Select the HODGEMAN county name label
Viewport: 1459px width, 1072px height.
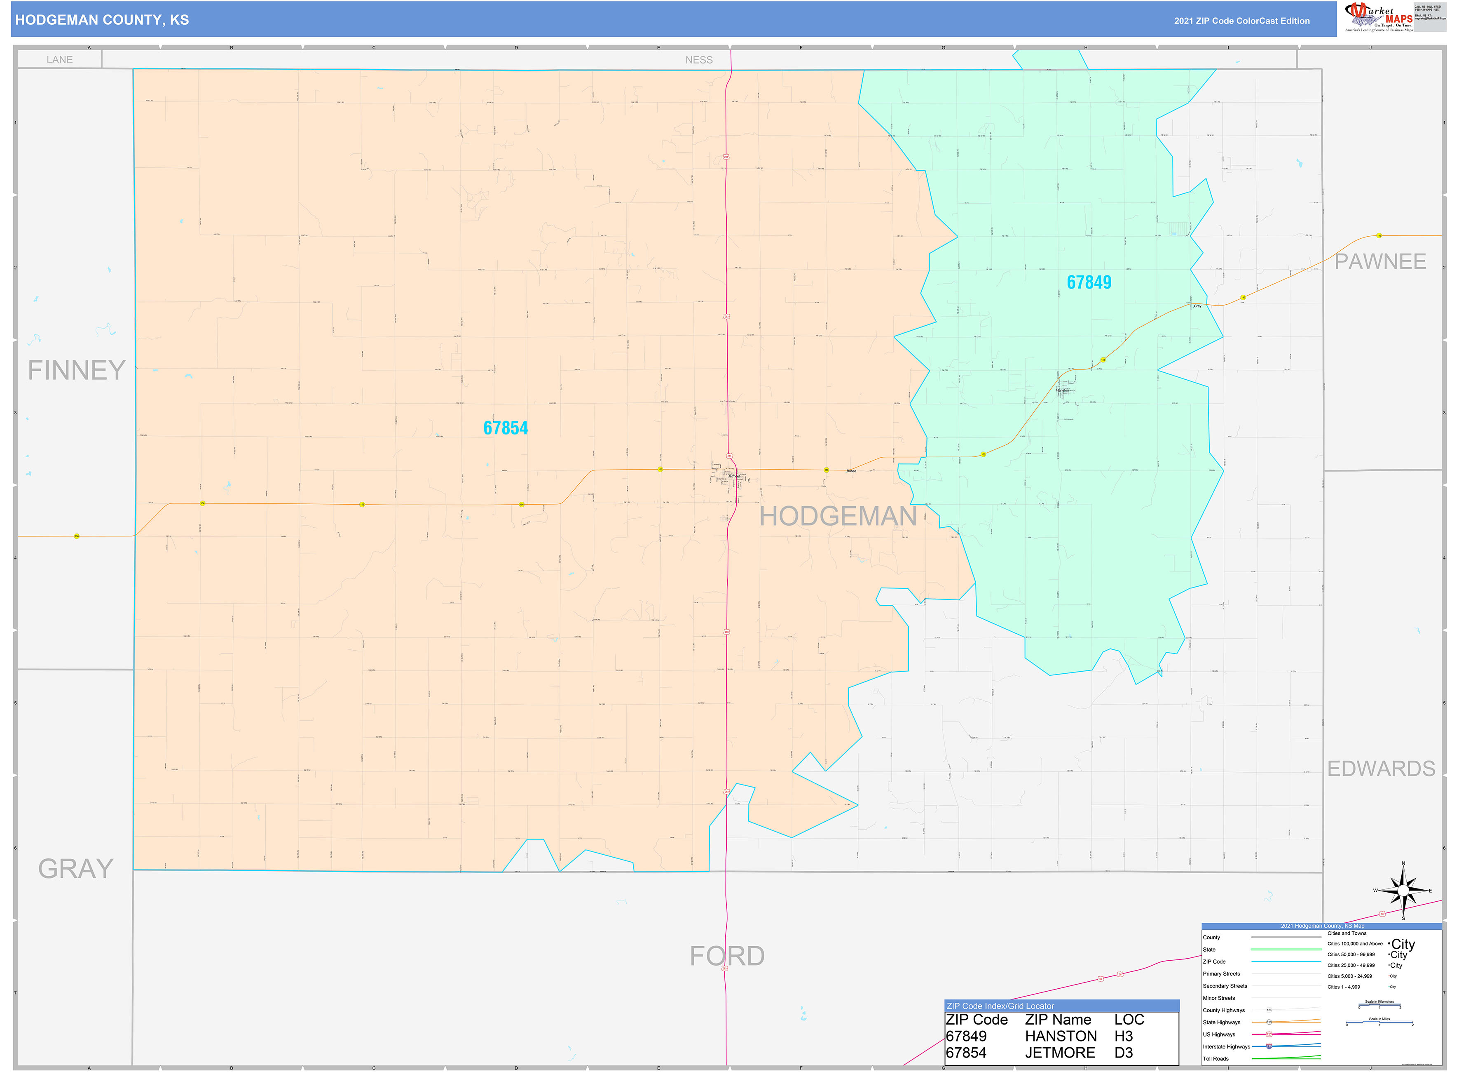tap(838, 517)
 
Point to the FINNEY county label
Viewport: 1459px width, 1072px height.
tap(77, 371)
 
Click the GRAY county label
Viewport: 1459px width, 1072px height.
tap(76, 868)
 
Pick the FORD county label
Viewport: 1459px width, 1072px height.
tap(727, 956)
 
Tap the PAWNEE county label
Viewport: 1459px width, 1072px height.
tap(1380, 261)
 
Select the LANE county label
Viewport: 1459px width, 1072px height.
tap(60, 60)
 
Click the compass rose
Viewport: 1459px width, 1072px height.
tap(1403, 891)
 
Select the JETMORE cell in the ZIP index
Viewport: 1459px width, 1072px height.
tap(1060, 1053)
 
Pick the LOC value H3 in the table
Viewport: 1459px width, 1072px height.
tap(1123, 1036)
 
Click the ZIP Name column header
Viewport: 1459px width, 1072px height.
tap(1058, 1020)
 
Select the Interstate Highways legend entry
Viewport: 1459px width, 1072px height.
tap(1226, 1047)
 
